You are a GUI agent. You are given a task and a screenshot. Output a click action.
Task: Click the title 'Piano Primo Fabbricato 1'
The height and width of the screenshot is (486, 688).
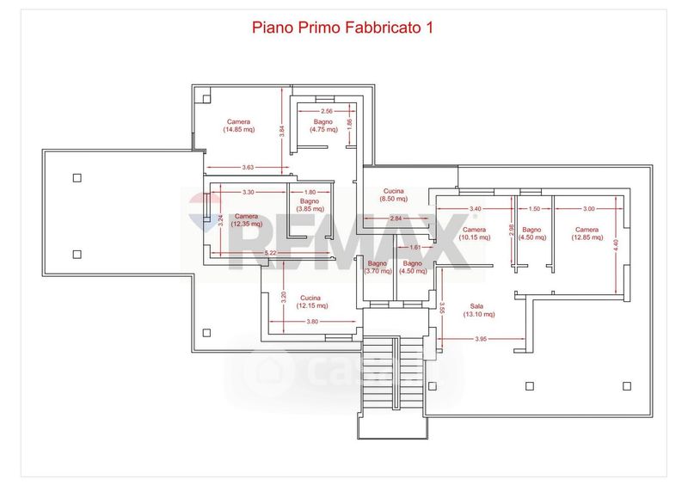(342, 28)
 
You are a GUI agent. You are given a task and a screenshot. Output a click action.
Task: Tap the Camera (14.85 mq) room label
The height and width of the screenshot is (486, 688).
(239, 126)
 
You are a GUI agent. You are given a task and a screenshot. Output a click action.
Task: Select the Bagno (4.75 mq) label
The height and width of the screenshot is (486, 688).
(324, 126)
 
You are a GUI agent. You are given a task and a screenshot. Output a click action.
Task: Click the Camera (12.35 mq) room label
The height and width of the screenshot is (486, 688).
(246, 220)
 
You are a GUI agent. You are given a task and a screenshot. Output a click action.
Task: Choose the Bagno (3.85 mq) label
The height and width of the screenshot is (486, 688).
(310, 205)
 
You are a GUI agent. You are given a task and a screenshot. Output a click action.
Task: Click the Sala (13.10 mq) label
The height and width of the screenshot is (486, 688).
(476, 310)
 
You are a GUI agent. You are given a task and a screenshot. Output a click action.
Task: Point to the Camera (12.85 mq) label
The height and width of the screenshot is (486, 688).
(587, 234)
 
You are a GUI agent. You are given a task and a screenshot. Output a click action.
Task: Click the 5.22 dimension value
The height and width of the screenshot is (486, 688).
(271, 253)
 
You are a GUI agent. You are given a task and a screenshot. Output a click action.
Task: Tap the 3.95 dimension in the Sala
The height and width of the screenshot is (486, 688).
(481, 339)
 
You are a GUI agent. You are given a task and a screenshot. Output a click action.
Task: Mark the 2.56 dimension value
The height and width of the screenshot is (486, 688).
(326, 112)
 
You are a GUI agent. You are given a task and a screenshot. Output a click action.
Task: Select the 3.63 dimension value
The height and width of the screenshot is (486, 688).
(249, 166)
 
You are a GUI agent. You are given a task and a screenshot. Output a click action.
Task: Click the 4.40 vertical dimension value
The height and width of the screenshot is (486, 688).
(616, 244)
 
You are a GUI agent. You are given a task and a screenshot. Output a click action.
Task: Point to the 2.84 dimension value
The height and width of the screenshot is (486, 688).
(396, 218)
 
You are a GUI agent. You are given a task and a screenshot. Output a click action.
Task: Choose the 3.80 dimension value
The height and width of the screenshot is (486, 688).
(312, 322)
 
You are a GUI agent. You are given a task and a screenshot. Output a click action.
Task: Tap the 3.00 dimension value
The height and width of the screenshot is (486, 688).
(589, 209)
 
